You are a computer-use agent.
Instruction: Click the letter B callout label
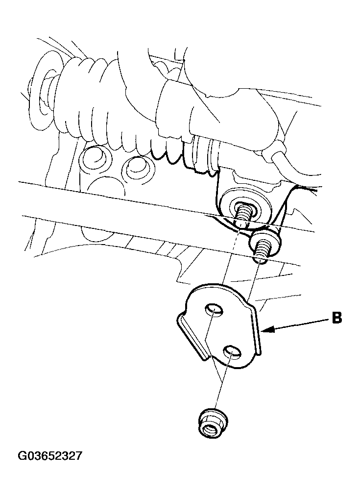click(x=336, y=318)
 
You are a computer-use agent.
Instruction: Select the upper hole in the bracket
click(x=214, y=309)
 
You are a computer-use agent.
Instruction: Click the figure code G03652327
click(x=50, y=456)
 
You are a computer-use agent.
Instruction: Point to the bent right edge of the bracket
click(x=258, y=330)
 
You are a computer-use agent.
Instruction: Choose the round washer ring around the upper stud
click(x=245, y=213)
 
